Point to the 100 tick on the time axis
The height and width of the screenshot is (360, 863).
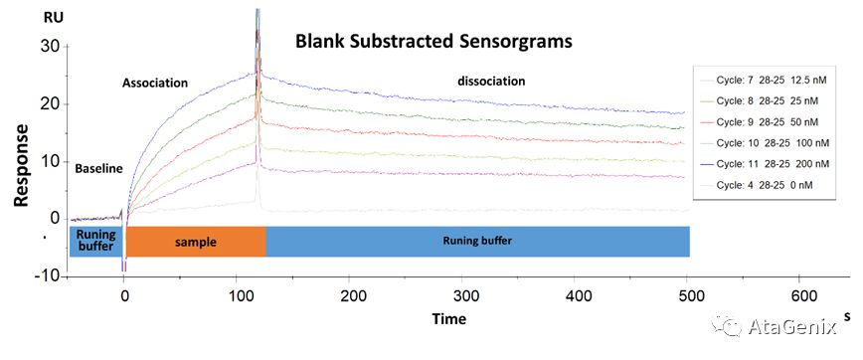[x=237, y=296]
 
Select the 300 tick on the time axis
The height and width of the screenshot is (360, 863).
[x=463, y=296]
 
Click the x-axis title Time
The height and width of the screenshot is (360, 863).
[x=449, y=319]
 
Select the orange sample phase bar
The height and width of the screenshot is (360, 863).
[x=195, y=242]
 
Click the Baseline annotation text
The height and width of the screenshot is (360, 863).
[x=98, y=168]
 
